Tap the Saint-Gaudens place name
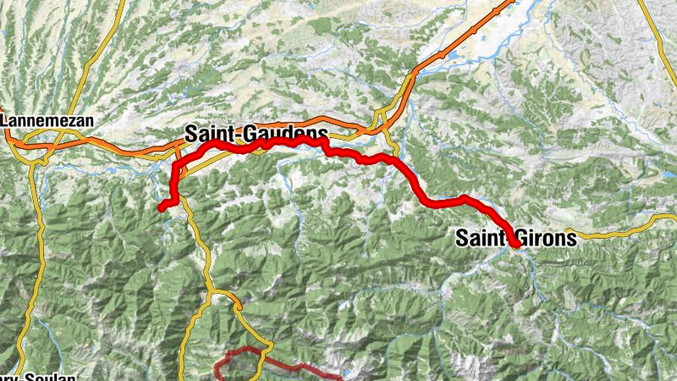point(256,133)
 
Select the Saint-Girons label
point(515,238)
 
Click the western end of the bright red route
point(161,206)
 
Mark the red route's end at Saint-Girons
point(515,245)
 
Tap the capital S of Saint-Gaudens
point(191,133)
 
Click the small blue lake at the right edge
point(670,174)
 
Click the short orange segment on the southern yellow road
point(226,295)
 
